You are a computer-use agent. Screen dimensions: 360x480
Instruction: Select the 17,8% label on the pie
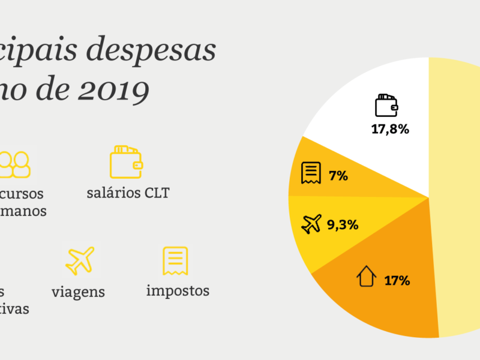click(390, 129)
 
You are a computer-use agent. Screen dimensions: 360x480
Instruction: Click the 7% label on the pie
click(338, 176)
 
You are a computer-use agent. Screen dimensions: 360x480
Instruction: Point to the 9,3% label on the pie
click(343, 225)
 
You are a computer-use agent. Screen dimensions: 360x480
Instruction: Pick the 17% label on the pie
click(397, 280)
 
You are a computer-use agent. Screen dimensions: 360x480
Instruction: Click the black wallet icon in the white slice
click(386, 105)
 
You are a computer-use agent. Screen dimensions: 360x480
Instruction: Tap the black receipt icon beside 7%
click(310, 173)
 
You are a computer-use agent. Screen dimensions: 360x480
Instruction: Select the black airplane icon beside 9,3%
click(312, 224)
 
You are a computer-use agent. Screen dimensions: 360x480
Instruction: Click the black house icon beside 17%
click(366, 277)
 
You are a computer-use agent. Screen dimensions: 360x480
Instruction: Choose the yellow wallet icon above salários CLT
click(126, 161)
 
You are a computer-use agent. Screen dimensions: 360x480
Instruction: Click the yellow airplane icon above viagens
click(80, 260)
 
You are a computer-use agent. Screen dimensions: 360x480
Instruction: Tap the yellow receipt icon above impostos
click(175, 261)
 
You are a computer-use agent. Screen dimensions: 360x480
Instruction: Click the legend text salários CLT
click(128, 193)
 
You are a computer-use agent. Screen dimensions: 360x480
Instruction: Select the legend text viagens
click(78, 292)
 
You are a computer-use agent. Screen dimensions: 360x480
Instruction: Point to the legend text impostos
click(178, 291)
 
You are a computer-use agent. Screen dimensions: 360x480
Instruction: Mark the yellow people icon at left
click(15, 163)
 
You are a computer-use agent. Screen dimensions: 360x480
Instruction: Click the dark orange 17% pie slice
click(384, 300)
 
